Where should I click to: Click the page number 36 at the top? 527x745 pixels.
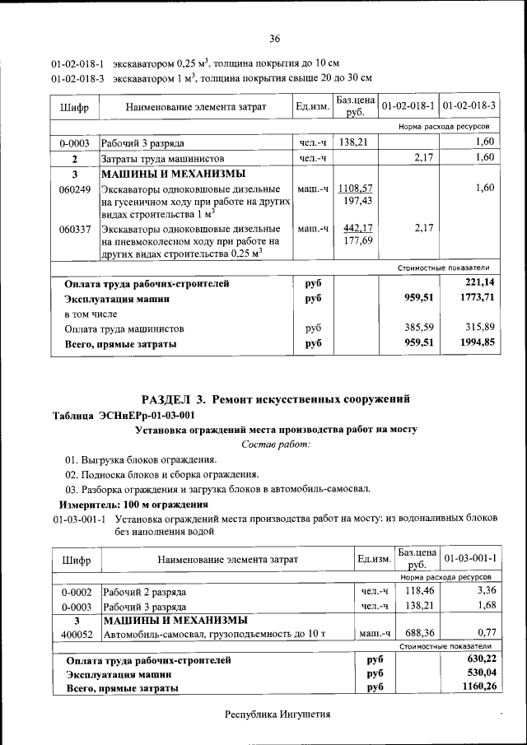pyautogui.click(x=275, y=38)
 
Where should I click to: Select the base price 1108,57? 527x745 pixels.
pyautogui.click(x=356, y=189)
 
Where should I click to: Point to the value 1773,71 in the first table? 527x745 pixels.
pyautogui.click(x=478, y=298)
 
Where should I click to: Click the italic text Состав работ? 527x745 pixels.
pyautogui.click(x=275, y=445)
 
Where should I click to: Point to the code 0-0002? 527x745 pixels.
pyautogui.click(x=75, y=591)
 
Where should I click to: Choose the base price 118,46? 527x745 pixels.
pyautogui.click(x=419, y=591)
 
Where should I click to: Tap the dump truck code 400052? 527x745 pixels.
pyautogui.click(x=75, y=634)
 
